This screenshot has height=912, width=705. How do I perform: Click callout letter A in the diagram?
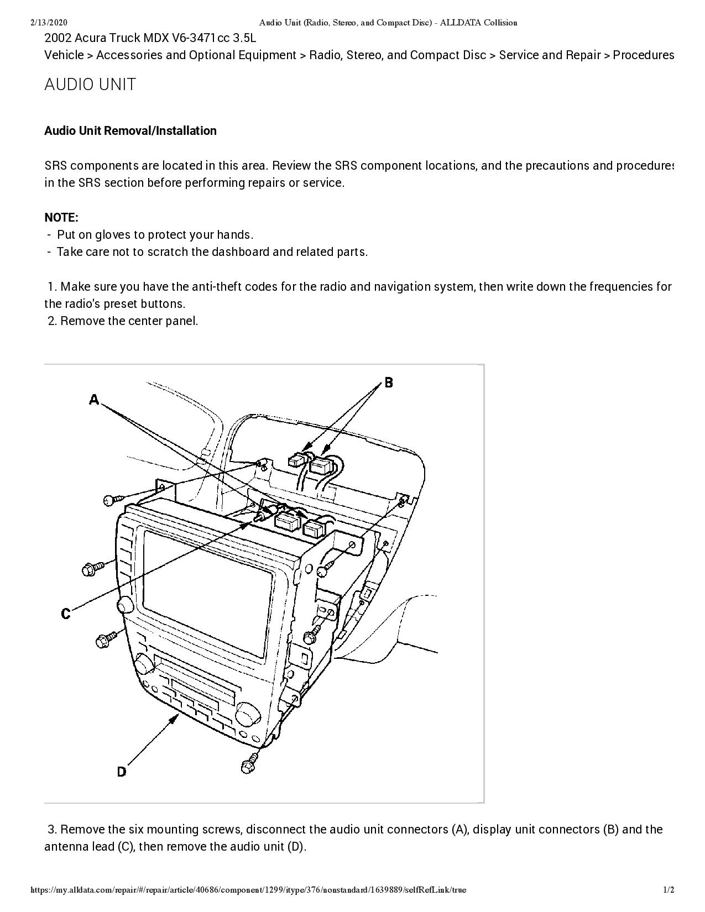coord(94,399)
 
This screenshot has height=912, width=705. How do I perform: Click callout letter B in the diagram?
coord(389,382)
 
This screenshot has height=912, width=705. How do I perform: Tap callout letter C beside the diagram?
coord(66,614)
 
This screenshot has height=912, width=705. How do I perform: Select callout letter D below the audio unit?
coord(122,772)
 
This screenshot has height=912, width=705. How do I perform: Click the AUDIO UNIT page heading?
coord(90,85)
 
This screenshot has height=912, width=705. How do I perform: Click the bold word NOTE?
coord(61,217)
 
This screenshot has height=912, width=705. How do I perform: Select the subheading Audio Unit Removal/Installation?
coord(130,131)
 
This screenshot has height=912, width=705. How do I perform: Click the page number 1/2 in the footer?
coord(669,890)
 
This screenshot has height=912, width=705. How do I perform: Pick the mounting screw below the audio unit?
coord(248,765)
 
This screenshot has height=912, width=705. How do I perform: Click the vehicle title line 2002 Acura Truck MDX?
coord(150,38)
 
